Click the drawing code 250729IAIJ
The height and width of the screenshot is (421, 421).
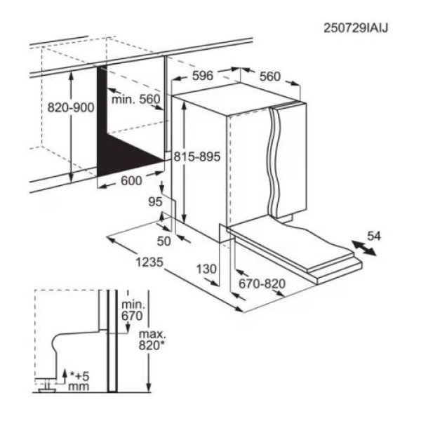click(356, 27)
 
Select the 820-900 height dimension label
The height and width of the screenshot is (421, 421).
click(70, 109)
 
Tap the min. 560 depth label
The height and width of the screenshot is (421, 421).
click(136, 100)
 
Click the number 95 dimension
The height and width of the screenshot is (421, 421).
click(156, 202)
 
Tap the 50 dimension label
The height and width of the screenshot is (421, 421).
click(163, 242)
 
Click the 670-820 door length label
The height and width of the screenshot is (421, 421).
click(262, 284)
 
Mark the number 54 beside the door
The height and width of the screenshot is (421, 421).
click(374, 236)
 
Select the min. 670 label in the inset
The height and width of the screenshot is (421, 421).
click(132, 310)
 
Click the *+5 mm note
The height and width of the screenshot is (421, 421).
click(78, 380)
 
